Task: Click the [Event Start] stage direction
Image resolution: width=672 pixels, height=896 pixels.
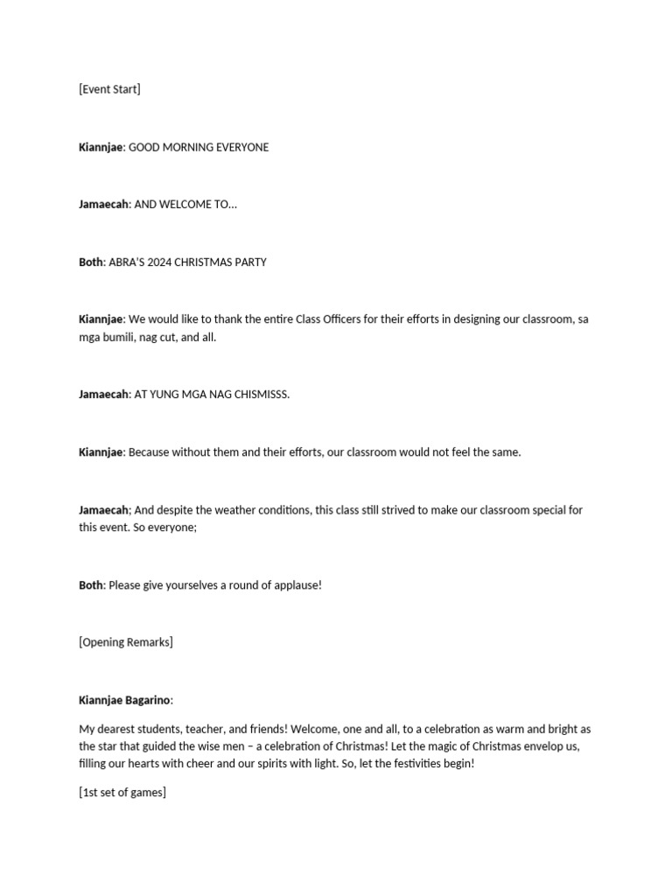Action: tap(109, 89)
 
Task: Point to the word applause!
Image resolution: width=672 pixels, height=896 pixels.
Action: tap(295, 584)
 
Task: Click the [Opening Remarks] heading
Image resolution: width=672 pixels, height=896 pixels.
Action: tap(126, 642)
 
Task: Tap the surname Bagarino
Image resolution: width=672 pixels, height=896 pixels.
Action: tap(148, 700)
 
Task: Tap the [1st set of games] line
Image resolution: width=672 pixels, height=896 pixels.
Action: tap(122, 793)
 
